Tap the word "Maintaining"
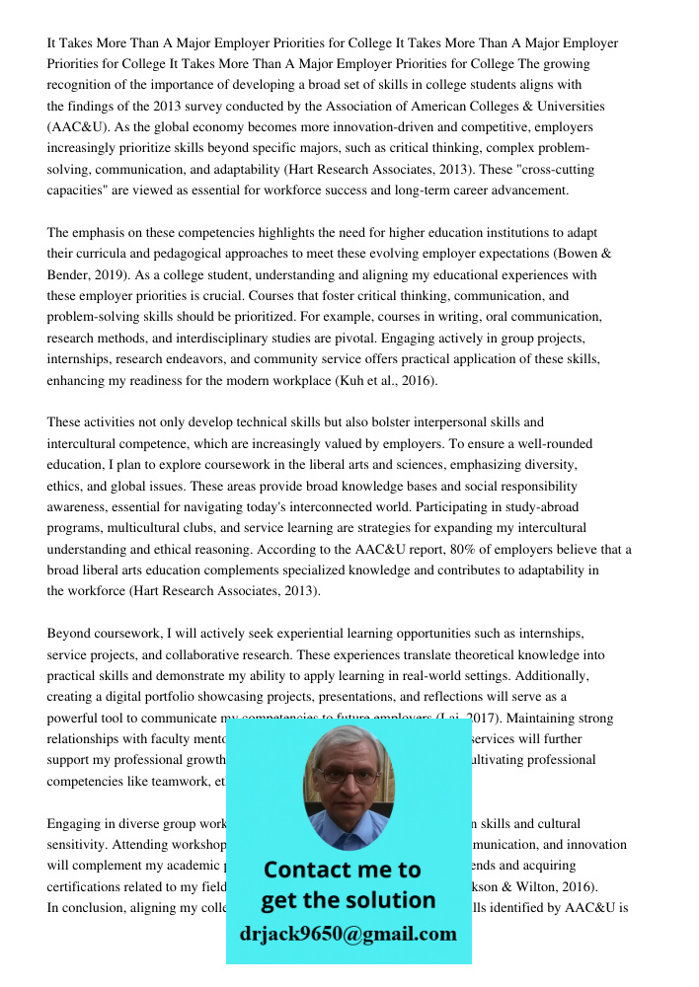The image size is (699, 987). coord(535,719)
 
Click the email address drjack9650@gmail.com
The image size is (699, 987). coord(348,934)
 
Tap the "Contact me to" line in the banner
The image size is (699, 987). coord(342,870)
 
